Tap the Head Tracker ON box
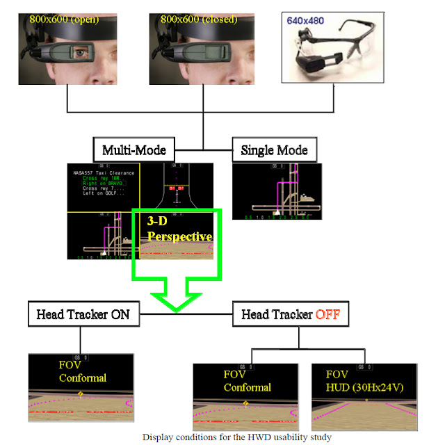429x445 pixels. pos(82,314)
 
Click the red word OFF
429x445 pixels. pos(328,314)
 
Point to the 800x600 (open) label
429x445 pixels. pos(63,19)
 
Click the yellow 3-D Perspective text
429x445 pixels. pos(179,229)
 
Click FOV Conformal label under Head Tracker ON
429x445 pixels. pos(82,371)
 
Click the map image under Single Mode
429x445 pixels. pos(276,191)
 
